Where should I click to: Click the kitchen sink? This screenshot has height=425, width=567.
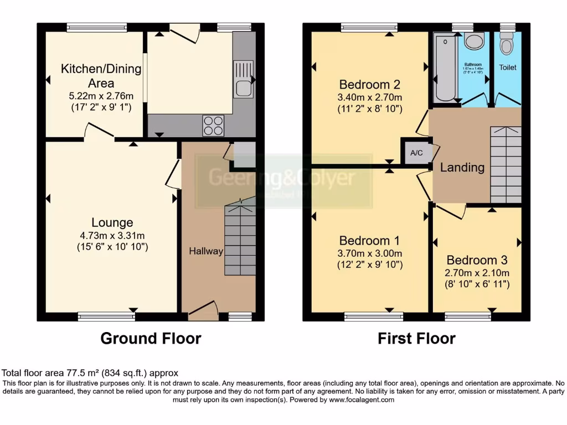(244, 80)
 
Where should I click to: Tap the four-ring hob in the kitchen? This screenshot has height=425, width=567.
(213, 125)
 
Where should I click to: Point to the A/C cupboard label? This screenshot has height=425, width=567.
(416, 153)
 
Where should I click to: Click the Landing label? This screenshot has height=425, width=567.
(462, 167)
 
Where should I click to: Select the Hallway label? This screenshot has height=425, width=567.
(206, 251)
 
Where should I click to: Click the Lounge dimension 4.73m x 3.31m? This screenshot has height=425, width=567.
(112, 235)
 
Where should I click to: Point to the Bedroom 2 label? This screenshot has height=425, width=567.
(369, 85)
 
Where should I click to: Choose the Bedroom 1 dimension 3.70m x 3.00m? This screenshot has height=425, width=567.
(369, 253)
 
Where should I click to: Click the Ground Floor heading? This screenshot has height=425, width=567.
(151, 338)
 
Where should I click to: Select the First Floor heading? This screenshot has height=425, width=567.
(416, 338)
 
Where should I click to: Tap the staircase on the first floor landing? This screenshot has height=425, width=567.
(506, 165)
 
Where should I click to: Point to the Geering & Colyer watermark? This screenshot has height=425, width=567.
(281, 178)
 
